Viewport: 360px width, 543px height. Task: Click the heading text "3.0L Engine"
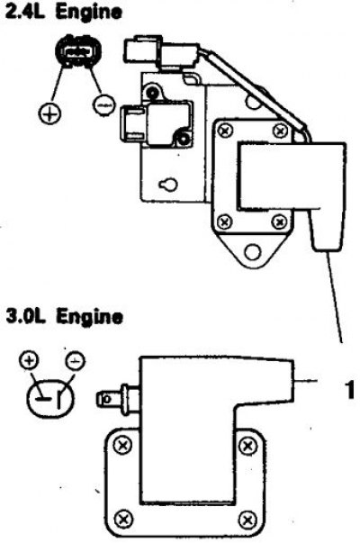click(x=65, y=316)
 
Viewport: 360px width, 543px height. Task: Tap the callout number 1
click(x=350, y=390)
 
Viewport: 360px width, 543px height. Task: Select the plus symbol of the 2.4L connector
click(x=49, y=113)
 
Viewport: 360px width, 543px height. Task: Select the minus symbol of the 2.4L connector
click(x=103, y=105)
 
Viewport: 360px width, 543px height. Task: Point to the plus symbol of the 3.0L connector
click(x=29, y=361)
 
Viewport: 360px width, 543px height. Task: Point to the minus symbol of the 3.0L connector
click(x=76, y=361)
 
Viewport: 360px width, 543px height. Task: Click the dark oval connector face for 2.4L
click(x=78, y=51)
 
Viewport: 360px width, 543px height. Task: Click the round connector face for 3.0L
click(x=50, y=399)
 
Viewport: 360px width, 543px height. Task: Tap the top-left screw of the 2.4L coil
click(x=226, y=131)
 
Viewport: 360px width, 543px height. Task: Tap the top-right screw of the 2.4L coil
click(x=280, y=131)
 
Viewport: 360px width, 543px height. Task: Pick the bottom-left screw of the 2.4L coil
click(x=225, y=221)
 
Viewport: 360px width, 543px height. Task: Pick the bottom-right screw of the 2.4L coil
click(x=279, y=221)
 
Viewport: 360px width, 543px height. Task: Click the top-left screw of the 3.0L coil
click(x=123, y=446)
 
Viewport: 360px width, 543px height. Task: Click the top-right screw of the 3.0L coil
click(x=247, y=446)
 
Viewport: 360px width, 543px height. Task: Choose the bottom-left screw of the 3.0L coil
click(x=123, y=519)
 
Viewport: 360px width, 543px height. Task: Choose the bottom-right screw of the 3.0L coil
click(x=247, y=520)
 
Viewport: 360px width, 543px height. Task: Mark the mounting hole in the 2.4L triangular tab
click(x=252, y=251)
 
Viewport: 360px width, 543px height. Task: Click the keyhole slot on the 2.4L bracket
click(x=168, y=185)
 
